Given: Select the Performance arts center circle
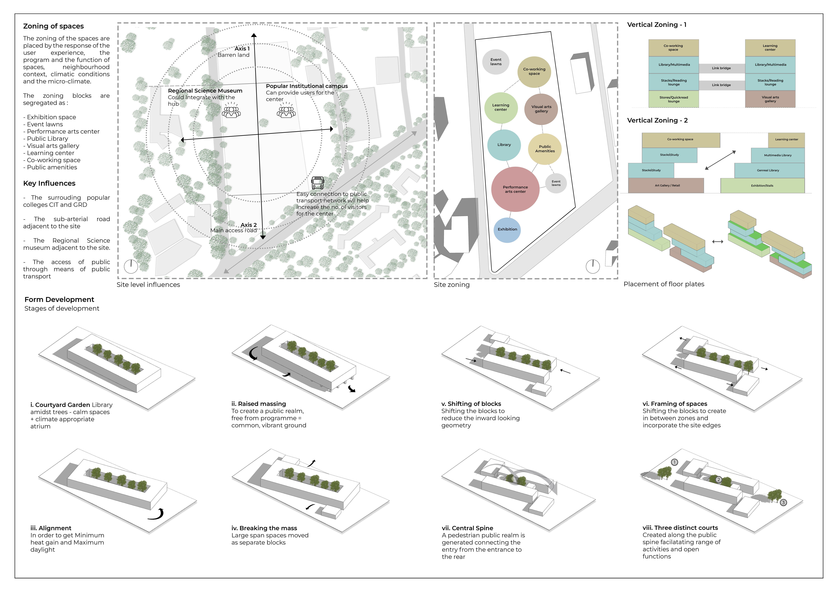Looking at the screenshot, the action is [515, 189].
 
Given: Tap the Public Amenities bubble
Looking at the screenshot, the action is [545, 149].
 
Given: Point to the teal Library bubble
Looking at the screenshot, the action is [504, 145].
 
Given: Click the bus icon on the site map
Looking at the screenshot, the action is [318, 182].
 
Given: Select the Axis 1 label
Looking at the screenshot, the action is [242, 49].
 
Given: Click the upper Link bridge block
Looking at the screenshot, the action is [721, 68].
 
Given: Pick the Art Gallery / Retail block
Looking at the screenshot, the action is [666, 185].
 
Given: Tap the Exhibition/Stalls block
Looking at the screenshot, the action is [762, 185].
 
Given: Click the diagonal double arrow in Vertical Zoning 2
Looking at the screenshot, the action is [720, 160].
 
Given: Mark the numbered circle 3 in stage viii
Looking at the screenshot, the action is [783, 503].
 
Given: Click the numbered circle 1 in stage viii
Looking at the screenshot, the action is [674, 462].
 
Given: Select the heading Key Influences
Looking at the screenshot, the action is [49, 183].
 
